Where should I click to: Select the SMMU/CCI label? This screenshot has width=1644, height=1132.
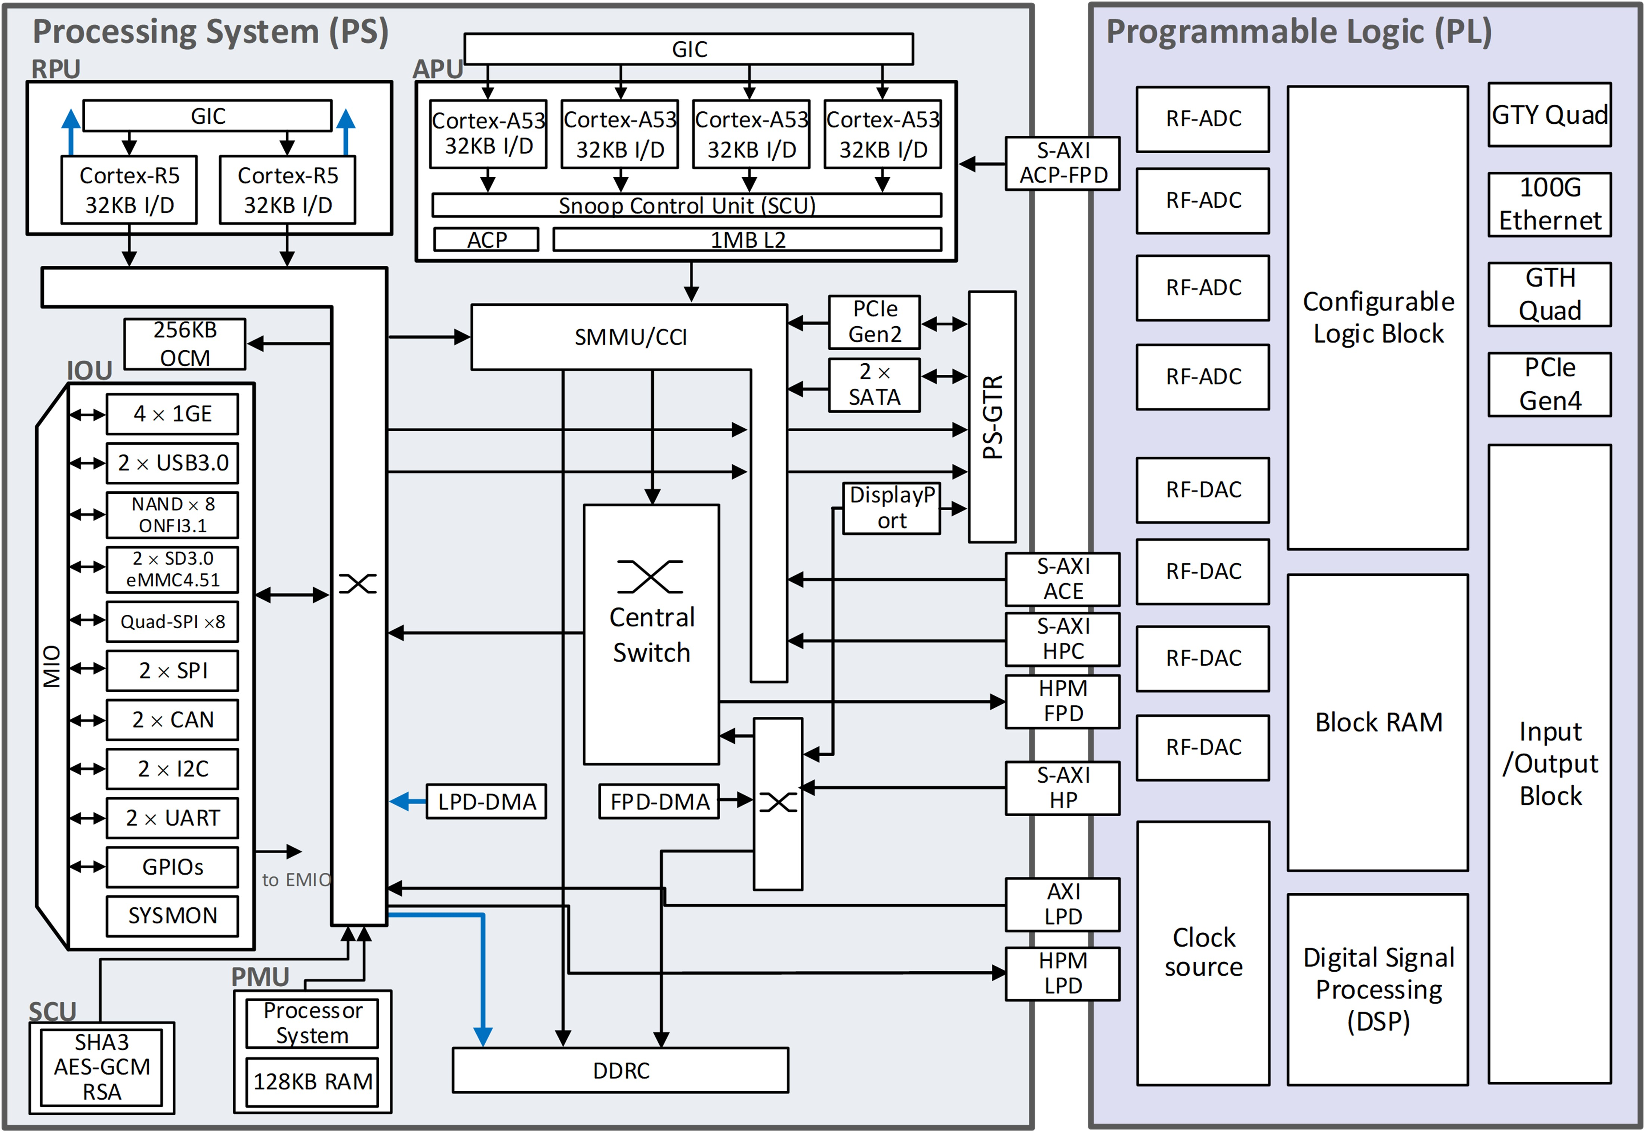[x=630, y=337]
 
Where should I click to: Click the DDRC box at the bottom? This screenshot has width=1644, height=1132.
[x=620, y=1070]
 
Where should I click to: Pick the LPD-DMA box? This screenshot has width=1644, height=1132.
[x=486, y=802]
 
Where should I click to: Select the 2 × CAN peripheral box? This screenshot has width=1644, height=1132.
[x=172, y=720]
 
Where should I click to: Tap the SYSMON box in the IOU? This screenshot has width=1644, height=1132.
[x=172, y=916]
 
